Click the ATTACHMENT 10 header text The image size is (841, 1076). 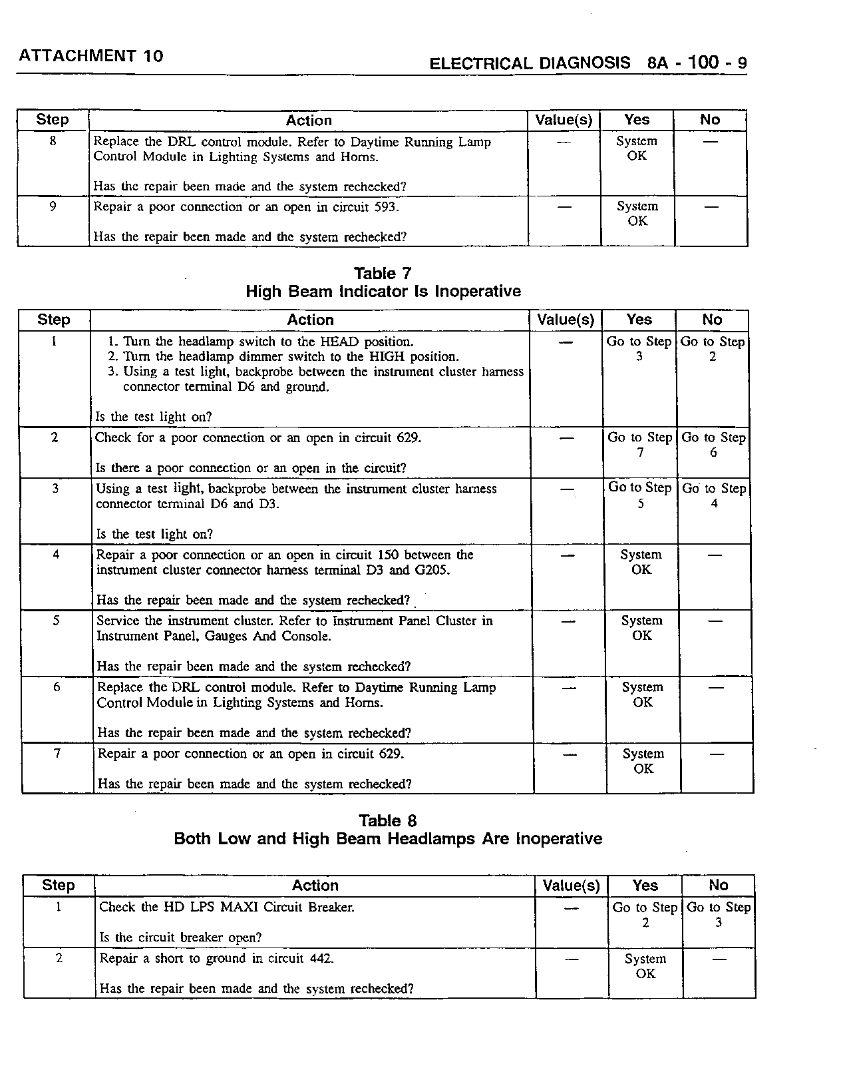click(91, 56)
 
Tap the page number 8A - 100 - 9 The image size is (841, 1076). click(697, 63)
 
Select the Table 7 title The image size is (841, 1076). click(383, 274)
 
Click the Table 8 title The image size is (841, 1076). click(388, 821)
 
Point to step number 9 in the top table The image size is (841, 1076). click(53, 206)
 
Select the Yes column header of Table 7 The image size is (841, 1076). click(639, 320)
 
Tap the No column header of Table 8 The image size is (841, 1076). click(718, 886)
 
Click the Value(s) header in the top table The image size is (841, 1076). click(564, 121)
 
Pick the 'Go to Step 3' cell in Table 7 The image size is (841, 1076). click(639, 349)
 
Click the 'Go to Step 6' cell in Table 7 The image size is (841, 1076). click(713, 445)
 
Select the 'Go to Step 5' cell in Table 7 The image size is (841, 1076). click(640, 495)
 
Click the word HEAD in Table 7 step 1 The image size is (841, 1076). click(339, 342)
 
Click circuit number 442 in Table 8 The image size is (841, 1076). click(320, 959)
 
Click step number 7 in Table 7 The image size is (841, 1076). click(57, 754)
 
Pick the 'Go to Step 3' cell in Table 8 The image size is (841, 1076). click(718, 915)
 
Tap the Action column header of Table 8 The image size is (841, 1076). click(315, 886)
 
